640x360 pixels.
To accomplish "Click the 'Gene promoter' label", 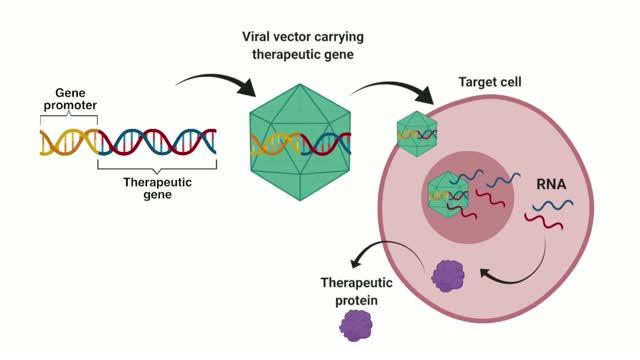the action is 70,99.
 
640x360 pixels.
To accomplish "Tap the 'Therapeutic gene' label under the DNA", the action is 158,188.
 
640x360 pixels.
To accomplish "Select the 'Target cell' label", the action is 490,82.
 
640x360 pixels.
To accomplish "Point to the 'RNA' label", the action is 551,184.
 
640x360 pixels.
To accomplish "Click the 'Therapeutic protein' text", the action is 356,291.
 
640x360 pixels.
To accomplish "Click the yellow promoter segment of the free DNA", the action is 69,142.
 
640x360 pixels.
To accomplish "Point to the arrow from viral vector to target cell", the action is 392,85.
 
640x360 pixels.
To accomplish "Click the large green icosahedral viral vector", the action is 300,142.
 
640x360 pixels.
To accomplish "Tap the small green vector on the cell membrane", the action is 417,134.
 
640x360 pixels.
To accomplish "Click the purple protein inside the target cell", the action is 448,276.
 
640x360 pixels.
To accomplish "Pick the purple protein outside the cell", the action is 356,326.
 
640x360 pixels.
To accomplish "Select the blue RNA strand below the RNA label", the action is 552,205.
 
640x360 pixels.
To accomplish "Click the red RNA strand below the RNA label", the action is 544,221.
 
